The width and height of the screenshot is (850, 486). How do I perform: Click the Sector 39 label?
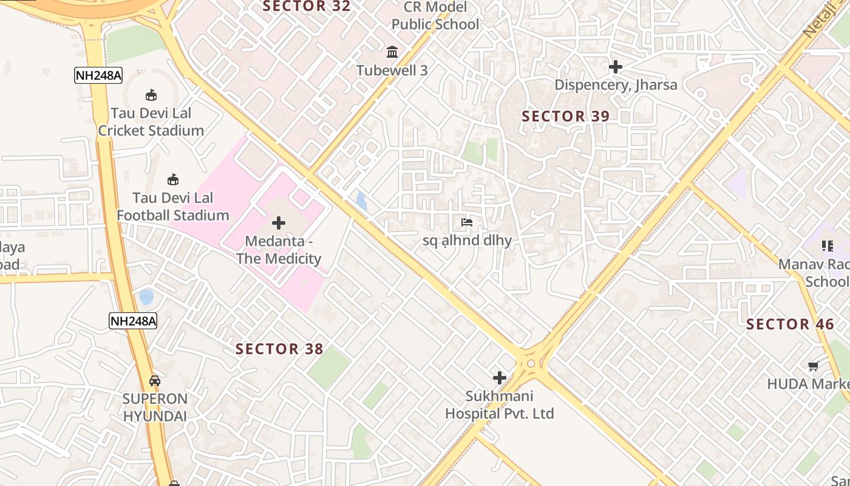(x=565, y=116)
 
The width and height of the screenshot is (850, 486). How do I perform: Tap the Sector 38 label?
(x=279, y=349)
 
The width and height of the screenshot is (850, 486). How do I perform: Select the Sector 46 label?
(x=790, y=324)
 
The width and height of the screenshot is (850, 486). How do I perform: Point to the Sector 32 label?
(x=307, y=7)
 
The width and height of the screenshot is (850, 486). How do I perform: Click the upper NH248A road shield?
(x=98, y=75)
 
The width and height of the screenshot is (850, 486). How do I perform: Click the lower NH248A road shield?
(x=133, y=321)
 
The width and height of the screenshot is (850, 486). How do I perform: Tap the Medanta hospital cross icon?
(x=279, y=223)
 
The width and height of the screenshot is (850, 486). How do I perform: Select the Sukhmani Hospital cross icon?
(x=500, y=378)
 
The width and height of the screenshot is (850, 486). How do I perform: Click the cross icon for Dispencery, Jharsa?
(x=616, y=66)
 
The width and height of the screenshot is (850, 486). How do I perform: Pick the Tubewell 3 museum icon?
(x=392, y=52)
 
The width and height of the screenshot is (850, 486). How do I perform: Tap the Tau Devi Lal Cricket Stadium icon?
(x=151, y=95)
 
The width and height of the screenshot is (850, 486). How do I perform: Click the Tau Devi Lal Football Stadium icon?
(x=173, y=179)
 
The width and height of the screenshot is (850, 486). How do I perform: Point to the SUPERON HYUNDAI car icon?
(x=155, y=381)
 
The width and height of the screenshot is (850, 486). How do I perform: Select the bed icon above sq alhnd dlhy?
(x=467, y=222)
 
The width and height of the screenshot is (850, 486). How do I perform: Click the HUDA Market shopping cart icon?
(x=813, y=366)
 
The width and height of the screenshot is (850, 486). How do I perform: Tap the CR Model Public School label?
(x=435, y=16)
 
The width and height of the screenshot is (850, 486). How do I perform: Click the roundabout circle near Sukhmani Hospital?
(x=531, y=363)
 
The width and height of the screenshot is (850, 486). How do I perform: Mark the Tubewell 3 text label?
(x=392, y=70)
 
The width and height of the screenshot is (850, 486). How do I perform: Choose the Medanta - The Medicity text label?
(x=279, y=250)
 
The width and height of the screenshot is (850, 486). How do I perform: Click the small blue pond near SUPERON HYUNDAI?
(x=146, y=297)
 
